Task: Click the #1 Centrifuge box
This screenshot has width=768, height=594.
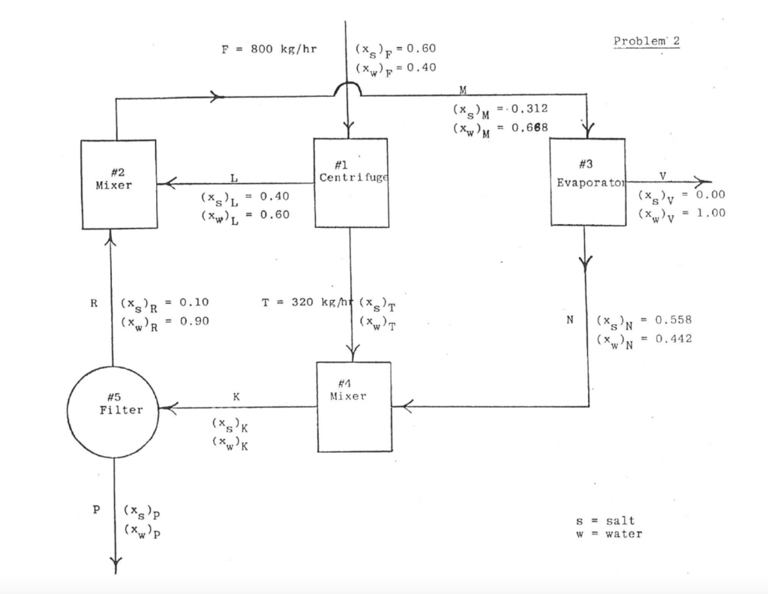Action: coord(351,182)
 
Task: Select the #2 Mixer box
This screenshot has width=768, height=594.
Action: coord(118,184)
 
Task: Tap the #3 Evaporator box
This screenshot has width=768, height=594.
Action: coord(587,181)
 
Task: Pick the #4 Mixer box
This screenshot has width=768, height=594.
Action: coord(354,406)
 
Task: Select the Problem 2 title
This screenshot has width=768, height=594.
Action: coord(646,40)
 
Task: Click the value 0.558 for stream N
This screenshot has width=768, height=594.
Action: coord(673,320)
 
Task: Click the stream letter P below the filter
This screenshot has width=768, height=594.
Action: coord(96,509)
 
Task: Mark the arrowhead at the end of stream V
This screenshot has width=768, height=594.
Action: coord(703,181)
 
